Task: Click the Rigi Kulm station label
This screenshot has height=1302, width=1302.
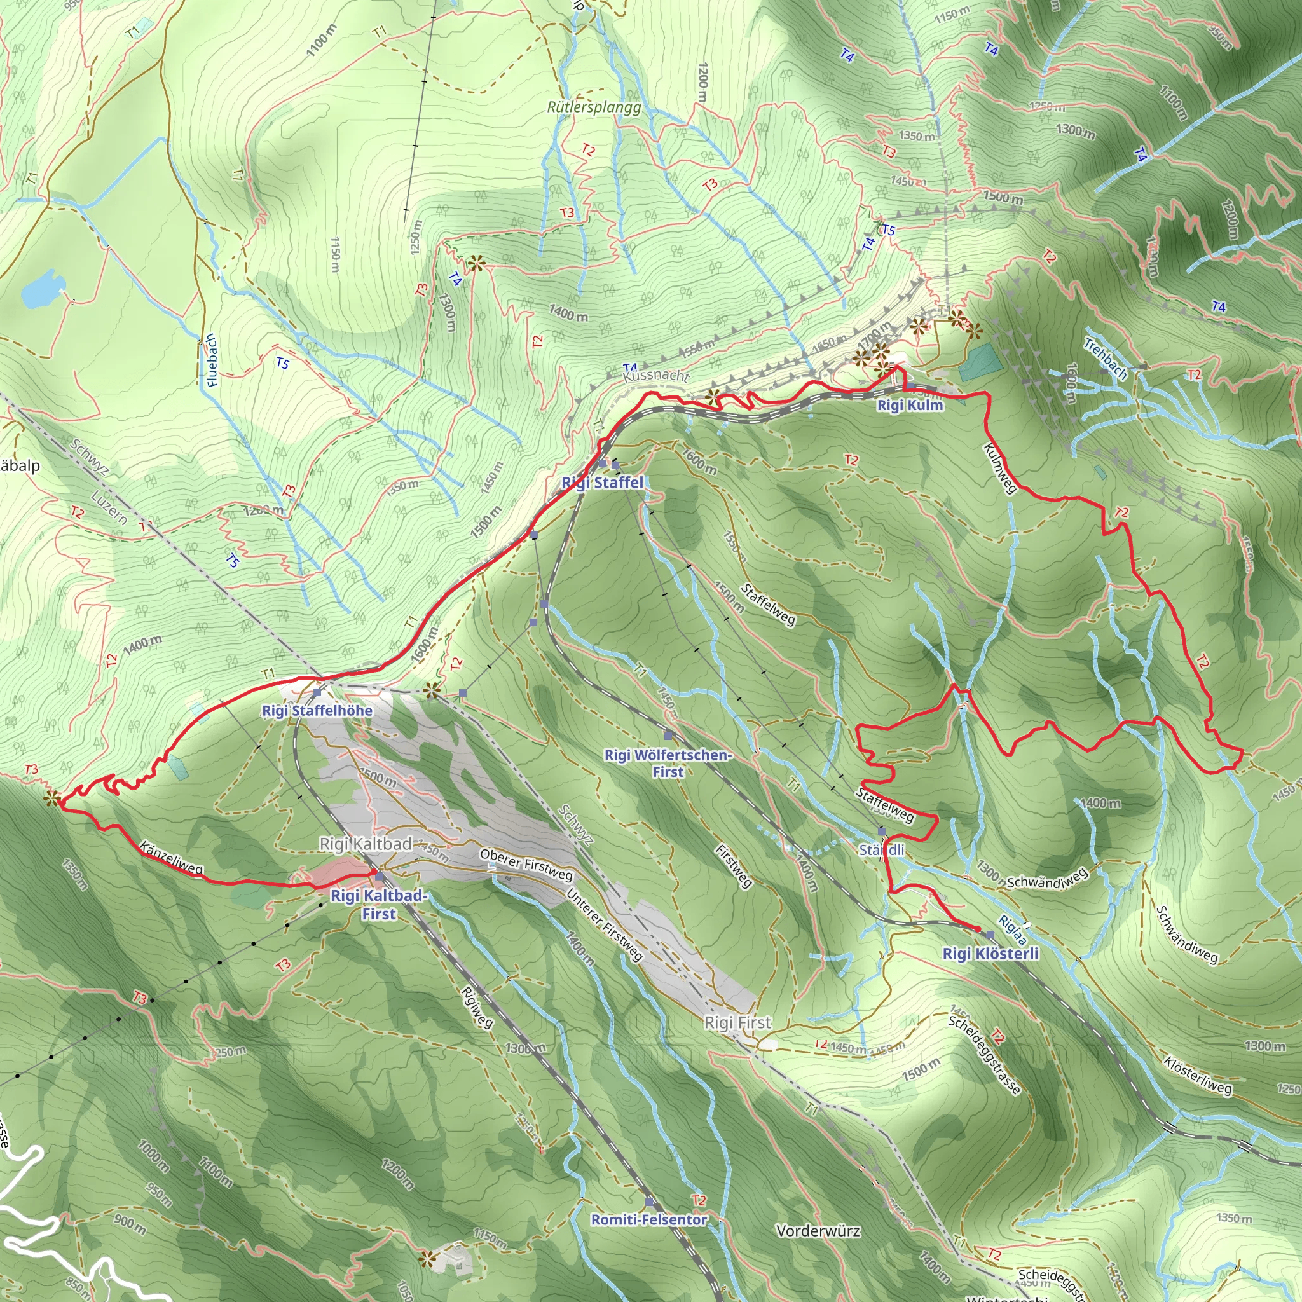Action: tap(910, 405)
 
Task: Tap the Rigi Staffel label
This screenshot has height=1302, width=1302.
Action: tap(603, 483)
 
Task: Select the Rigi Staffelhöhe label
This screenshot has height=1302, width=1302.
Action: tap(317, 710)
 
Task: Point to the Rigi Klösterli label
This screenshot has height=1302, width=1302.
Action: tap(990, 953)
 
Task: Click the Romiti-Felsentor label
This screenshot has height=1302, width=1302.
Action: tap(649, 1220)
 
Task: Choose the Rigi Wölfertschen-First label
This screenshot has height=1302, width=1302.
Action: tap(667, 763)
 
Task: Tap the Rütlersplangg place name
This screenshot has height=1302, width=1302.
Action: tap(594, 107)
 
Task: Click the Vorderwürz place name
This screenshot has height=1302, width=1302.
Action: tap(818, 1231)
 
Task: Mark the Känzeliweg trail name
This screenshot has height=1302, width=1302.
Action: tap(171, 858)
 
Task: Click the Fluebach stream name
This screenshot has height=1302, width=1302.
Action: tap(212, 360)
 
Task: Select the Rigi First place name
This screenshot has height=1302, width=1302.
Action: tap(737, 1022)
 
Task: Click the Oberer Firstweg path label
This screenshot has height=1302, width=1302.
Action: tap(526, 865)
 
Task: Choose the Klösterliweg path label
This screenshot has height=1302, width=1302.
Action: tap(1198, 1076)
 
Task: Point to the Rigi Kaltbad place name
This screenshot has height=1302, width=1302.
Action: tap(366, 844)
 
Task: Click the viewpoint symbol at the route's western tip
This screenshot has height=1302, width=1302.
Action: tap(51, 799)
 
